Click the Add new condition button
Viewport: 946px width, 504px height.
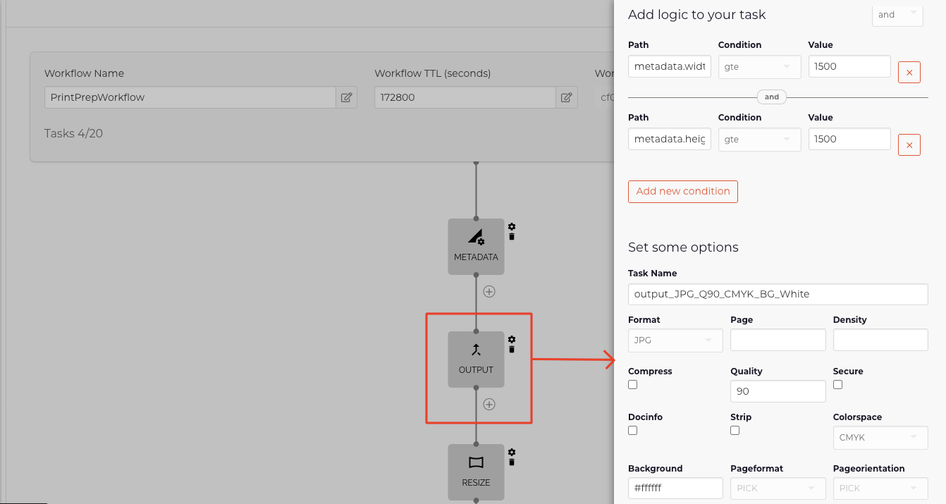point(682,191)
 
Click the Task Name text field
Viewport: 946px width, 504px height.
point(778,294)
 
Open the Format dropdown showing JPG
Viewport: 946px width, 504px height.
point(675,340)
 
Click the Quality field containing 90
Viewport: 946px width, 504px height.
point(778,391)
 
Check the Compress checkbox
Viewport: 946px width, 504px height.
point(632,385)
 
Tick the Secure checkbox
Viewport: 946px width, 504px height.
point(837,385)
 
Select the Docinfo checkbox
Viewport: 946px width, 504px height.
point(632,430)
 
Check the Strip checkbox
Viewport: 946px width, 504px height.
point(735,430)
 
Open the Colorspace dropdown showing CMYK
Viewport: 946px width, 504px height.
point(880,437)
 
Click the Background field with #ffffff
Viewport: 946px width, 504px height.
point(675,488)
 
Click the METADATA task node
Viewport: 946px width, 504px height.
point(476,246)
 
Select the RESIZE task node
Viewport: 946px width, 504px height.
point(476,472)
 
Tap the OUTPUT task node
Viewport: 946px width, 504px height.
point(476,359)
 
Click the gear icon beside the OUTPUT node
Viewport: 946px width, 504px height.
point(512,340)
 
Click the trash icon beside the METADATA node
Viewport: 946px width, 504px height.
point(512,237)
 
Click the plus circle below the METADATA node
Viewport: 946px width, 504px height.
point(489,291)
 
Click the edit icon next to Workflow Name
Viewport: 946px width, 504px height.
point(346,97)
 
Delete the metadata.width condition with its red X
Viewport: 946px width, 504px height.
point(909,73)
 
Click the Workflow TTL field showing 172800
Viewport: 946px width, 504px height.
point(465,97)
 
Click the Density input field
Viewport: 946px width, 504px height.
point(880,340)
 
